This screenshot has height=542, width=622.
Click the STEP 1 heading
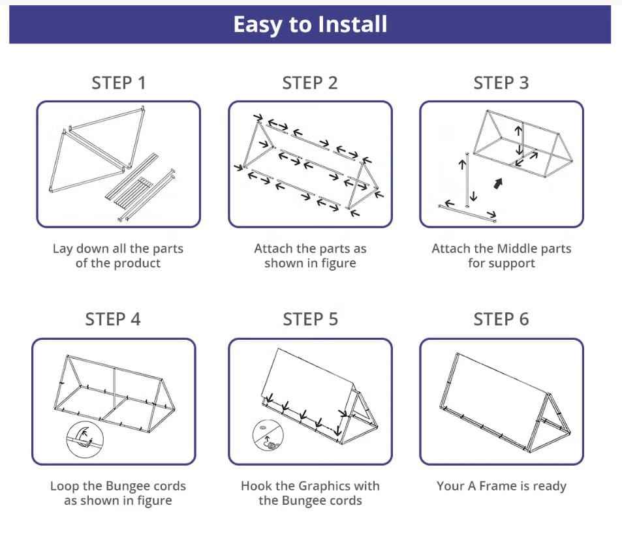tap(119, 83)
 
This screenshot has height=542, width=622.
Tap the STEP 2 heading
tap(310, 83)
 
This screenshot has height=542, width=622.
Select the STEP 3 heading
tap(501, 83)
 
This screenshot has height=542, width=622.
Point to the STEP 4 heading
tap(113, 319)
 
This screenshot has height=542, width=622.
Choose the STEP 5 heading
tap(310, 319)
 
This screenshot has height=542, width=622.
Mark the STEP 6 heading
tap(501, 319)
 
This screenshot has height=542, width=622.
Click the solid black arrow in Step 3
tap(498, 183)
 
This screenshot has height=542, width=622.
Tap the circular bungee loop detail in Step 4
tap(85, 440)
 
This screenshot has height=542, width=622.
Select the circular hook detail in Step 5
tap(268, 435)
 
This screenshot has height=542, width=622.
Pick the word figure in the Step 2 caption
tap(338, 263)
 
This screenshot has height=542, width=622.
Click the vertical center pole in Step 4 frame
tap(115, 389)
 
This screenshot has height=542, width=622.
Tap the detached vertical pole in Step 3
tap(467, 179)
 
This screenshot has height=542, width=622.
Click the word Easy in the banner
tap(257, 25)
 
